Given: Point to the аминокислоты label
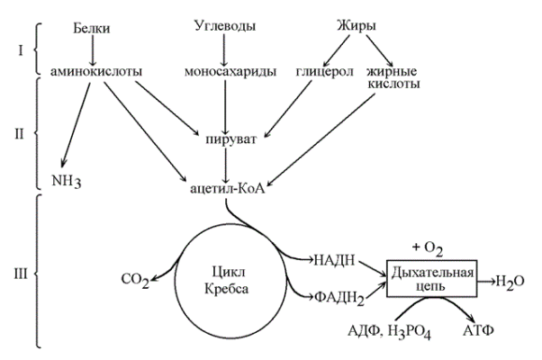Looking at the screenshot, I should click(93, 69).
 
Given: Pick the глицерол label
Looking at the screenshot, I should click(320, 69).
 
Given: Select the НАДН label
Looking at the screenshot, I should click(333, 261).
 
